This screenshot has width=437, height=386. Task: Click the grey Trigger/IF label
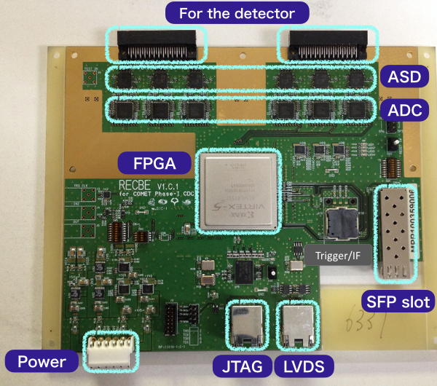338,255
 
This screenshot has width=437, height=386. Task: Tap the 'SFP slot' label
398,300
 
